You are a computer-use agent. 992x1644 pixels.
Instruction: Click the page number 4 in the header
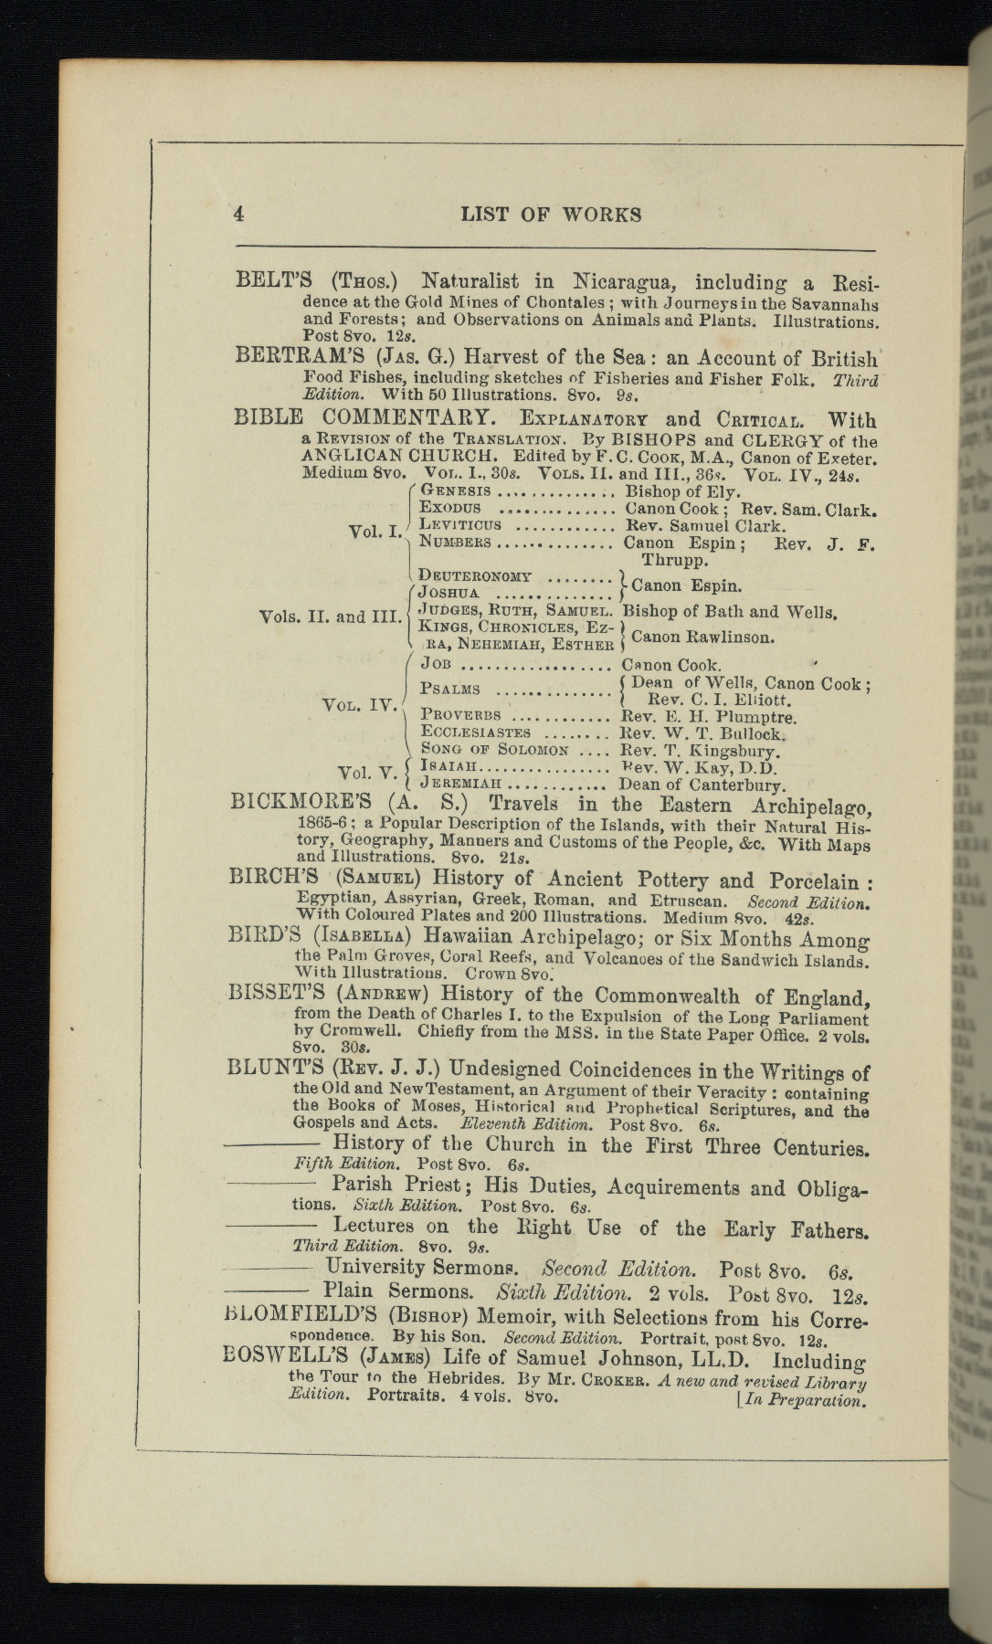coord(239,214)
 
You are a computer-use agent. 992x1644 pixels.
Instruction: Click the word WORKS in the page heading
coord(601,215)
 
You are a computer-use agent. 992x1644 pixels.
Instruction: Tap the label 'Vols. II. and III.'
coord(330,616)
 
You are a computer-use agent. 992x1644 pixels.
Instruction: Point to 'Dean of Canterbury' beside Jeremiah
coord(702,785)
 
